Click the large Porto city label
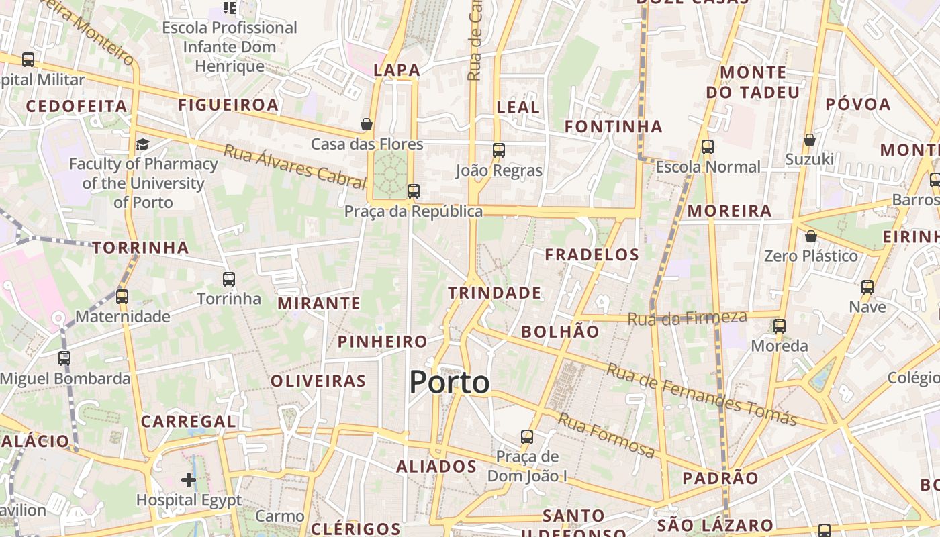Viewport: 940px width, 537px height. pos(449,382)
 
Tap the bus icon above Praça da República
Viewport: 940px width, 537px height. pos(414,191)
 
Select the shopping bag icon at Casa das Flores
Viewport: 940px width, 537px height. pos(367,124)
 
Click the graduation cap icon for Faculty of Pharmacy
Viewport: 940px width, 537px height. pos(142,144)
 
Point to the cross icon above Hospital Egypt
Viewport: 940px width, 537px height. pos(189,480)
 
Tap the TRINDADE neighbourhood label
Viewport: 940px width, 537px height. pos(494,293)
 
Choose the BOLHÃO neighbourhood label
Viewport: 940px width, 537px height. pos(560,331)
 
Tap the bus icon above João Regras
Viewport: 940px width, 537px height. pos(498,150)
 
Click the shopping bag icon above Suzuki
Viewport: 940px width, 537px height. pos(810,140)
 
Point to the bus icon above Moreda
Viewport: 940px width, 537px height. pos(779,326)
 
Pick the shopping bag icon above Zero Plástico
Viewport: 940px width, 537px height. pos(811,236)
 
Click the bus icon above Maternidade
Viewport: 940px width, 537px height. pos(122,296)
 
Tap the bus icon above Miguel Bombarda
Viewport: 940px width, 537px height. pos(64,358)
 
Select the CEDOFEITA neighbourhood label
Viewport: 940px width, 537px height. pos(77,106)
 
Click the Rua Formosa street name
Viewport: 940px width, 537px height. pos(606,436)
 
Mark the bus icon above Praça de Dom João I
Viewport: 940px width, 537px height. pos(527,437)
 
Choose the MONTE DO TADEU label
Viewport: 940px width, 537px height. pos(753,82)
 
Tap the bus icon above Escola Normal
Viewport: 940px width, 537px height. pos(707,147)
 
